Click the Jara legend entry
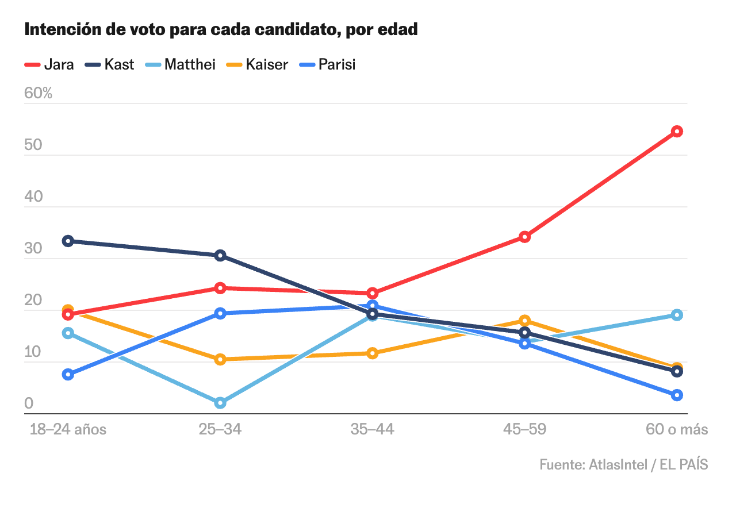(x=49, y=64)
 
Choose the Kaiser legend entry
(x=257, y=64)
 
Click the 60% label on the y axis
(x=38, y=93)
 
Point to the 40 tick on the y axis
(x=33, y=197)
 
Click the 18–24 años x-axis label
(x=68, y=429)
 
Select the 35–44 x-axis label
(x=372, y=429)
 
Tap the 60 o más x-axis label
(x=677, y=429)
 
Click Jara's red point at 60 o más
(x=677, y=132)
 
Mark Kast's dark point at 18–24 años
(x=68, y=241)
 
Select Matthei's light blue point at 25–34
(x=220, y=403)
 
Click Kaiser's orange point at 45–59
(x=524, y=321)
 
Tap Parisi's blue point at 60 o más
(x=677, y=395)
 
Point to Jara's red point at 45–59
(x=524, y=237)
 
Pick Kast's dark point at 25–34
(x=220, y=256)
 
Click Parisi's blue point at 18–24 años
(x=68, y=375)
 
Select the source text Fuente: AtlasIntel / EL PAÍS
(x=623, y=464)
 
